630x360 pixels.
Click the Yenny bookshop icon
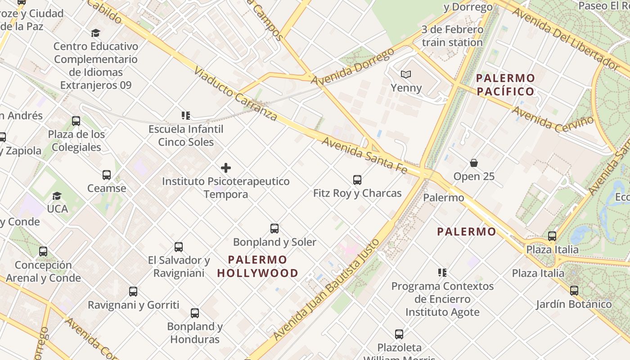[406, 74]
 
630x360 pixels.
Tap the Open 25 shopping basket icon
[473, 162]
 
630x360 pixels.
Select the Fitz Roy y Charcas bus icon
[357, 180]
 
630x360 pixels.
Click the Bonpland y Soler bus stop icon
[274, 229]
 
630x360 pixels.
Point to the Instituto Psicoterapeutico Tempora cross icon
[226, 168]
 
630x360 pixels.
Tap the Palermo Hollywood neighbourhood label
[257, 266]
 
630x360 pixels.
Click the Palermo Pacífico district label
[505, 85]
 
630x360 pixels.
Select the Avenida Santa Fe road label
[364, 156]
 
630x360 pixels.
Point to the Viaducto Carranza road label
[236, 94]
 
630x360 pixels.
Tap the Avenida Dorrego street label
[352, 67]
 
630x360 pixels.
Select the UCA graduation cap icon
[57, 196]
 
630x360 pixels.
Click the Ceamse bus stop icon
[107, 175]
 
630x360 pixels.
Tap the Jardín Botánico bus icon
[574, 291]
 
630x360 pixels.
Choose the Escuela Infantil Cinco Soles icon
[185, 116]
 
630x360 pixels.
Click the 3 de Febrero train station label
[452, 36]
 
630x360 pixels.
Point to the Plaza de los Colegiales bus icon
[76, 121]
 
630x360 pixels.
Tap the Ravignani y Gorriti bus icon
[133, 292]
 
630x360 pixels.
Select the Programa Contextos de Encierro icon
[442, 273]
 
